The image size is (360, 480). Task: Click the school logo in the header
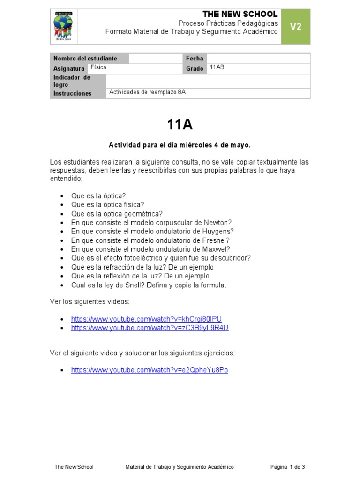point(63,27)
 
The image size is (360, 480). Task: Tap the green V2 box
point(295,27)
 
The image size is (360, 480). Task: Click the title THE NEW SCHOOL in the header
point(240,14)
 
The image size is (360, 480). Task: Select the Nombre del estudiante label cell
point(89,59)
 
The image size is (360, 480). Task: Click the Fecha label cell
point(195,59)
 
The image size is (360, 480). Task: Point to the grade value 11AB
point(217,67)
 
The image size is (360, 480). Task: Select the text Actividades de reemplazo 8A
point(148,92)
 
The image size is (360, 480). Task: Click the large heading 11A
point(180,125)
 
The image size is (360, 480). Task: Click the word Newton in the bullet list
point(218,222)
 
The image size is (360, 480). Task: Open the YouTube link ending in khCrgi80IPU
point(146,319)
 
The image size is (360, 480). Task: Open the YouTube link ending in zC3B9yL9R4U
point(150,328)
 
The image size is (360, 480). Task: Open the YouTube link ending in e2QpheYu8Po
point(150,370)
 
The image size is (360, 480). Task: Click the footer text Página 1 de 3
point(287,467)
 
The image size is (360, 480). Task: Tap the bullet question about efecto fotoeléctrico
point(161,258)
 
